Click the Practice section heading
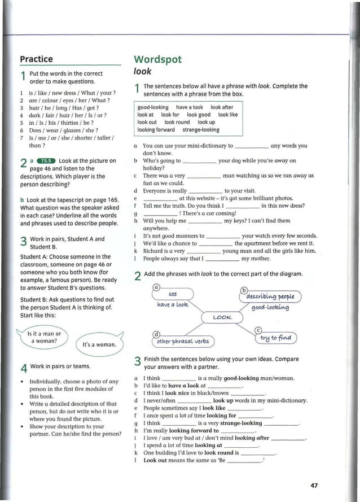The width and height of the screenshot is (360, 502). (36, 59)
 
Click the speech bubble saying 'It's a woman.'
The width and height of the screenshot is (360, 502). (99, 344)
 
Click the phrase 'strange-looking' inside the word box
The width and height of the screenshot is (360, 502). (201, 130)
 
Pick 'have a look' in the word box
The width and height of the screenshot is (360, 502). (189, 107)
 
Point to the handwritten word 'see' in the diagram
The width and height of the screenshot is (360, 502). (174, 294)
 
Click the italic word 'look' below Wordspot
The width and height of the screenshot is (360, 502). (143, 72)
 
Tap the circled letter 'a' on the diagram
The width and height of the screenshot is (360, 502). (156, 286)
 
